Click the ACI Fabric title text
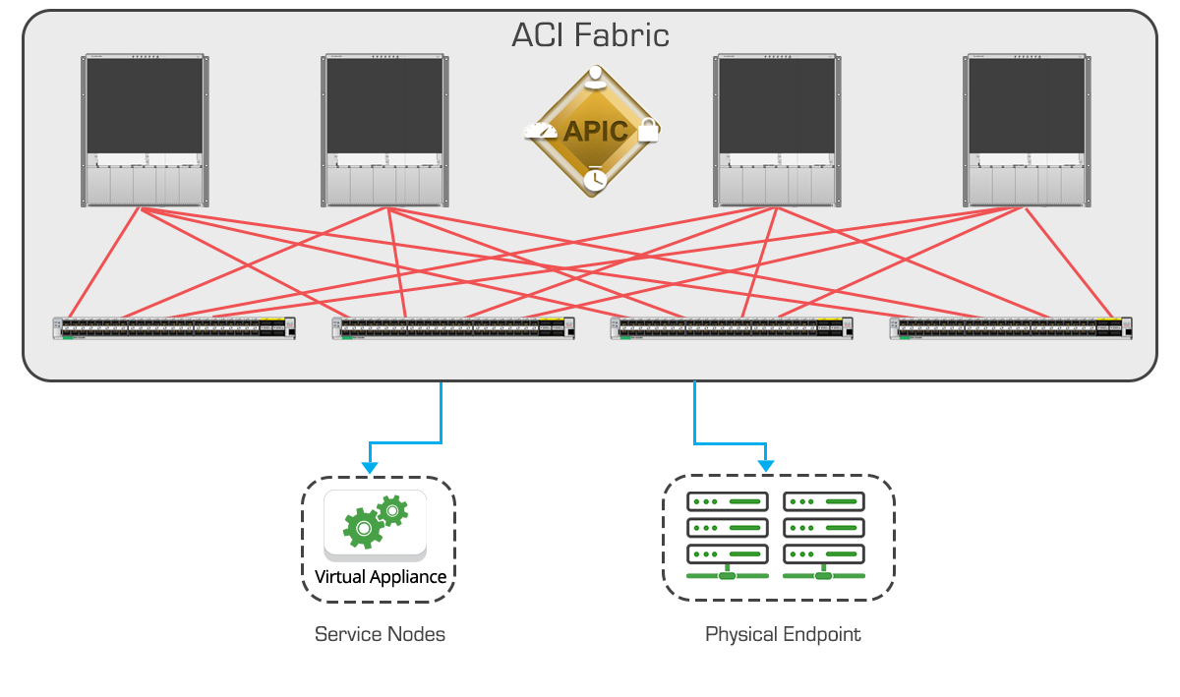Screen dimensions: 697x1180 (590, 35)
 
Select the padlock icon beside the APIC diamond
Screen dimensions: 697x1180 (647, 130)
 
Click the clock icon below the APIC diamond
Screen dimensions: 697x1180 (594, 179)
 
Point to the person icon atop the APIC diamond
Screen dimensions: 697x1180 (593, 77)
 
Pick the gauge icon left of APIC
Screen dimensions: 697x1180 (540, 131)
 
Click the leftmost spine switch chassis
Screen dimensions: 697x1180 (145, 131)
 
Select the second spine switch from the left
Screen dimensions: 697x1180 (385, 131)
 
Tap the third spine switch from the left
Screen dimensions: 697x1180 (778, 131)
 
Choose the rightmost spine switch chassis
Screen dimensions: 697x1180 (1028, 131)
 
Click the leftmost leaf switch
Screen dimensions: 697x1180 (174, 328)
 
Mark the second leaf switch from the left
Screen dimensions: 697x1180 (453, 328)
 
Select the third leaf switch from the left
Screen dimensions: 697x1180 (732, 328)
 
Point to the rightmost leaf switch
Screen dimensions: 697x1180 (1011, 328)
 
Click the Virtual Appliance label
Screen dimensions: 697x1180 (381, 577)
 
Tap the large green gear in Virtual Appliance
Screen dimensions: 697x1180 (363, 528)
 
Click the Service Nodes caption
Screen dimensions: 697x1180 (380, 634)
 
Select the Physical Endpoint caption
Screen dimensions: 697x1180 (783, 634)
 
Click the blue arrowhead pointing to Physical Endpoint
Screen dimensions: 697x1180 (767, 464)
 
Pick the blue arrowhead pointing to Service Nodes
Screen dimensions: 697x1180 (368, 464)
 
